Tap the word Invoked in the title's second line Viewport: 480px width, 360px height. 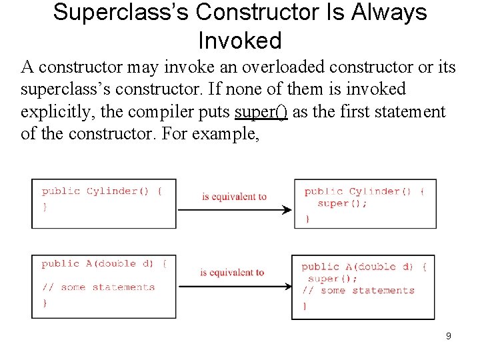tap(240, 41)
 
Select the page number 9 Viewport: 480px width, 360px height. tap(449, 336)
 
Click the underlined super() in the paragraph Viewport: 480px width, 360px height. tap(261, 111)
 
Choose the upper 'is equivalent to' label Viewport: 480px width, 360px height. tap(234, 197)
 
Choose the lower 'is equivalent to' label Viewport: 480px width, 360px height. tap(232, 272)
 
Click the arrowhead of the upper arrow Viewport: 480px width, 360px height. tap(288, 210)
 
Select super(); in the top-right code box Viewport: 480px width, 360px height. tap(342, 203)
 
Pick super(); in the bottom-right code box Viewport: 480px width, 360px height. tap(333, 279)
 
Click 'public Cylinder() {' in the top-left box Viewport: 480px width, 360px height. tap(102, 191)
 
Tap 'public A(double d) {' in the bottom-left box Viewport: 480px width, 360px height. tap(104, 264)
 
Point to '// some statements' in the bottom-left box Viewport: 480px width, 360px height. tap(98, 287)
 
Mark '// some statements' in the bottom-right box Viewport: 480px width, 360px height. tap(358, 291)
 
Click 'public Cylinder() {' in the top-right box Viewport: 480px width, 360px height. tap(364, 192)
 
